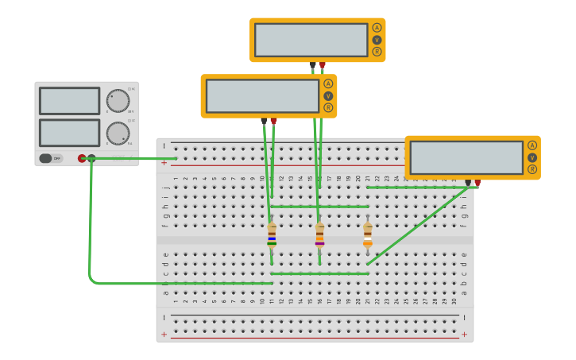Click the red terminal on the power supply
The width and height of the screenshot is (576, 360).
(82, 158)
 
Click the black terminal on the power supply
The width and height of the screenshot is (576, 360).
(91, 158)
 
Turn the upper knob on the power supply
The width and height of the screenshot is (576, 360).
(118, 101)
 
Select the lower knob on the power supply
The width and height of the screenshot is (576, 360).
(118, 134)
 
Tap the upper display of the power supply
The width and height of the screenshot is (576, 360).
(69, 101)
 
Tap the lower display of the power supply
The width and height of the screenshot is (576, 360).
(69, 133)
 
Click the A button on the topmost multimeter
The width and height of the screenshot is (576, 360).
(377, 28)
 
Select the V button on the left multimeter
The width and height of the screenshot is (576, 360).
(328, 96)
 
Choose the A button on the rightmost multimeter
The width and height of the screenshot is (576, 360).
(532, 145)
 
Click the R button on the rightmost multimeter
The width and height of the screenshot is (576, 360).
(532, 169)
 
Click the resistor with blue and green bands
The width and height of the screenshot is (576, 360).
(272, 235)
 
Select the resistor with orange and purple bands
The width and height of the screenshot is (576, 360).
(319, 235)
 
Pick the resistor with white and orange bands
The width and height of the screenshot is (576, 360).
(367, 235)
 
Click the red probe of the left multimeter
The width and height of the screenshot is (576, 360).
(274, 122)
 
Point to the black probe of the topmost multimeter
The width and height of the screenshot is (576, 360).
(313, 65)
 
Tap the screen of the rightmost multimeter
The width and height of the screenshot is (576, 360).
(466, 157)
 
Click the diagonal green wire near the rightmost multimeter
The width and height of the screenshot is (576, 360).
(417, 226)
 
